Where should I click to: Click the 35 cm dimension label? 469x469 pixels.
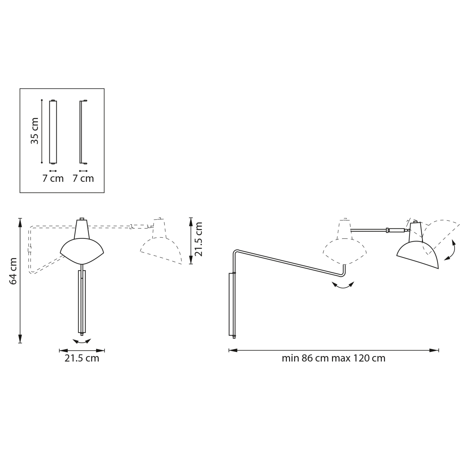coord(35,131)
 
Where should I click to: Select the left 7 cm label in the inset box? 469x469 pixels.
coord(53,179)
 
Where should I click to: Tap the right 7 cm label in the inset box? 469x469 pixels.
coord(83,179)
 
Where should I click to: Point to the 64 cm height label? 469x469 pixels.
coord(13,271)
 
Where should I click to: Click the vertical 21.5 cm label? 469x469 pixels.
coord(199,239)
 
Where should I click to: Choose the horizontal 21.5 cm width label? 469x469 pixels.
coord(82,358)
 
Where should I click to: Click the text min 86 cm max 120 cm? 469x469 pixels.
coord(333,358)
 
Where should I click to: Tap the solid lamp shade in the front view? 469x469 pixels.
coord(82,251)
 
